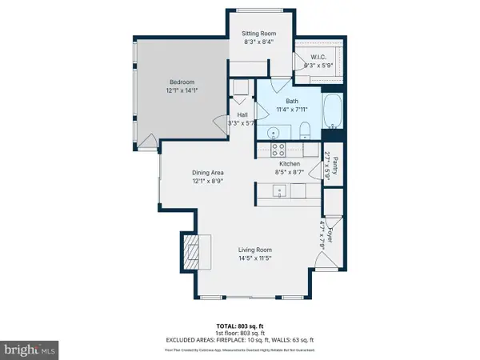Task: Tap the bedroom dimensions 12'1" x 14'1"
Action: pyautogui.click(x=181, y=90)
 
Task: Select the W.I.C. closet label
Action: pyautogui.click(x=319, y=57)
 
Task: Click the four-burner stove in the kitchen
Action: pyautogui.click(x=278, y=148)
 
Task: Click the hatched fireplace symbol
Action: pyautogui.click(x=191, y=254)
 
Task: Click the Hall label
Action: pyautogui.click(x=241, y=114)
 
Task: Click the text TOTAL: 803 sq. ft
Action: pyautogui.click(x=240, y=326)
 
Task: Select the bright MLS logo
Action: pyautogui.click(x=30, y=349)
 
